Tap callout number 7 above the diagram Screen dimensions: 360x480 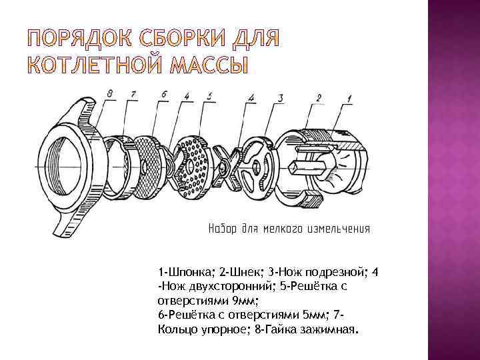click(x=133, y=95)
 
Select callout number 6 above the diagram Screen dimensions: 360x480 click(x=163, y=95)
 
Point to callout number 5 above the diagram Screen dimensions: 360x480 click(x=209, y=97)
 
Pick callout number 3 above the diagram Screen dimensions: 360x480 click(x=280, y=97)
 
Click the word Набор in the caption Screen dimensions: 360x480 click(x=224, y=229)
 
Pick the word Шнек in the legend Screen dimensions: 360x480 click(x=241, y=272)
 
